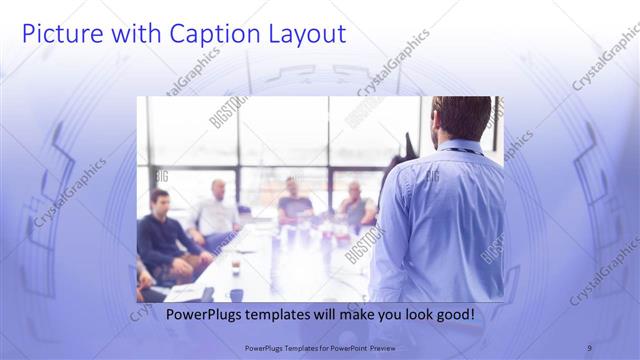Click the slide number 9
(x=589, y=348)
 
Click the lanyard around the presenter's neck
(x=460, y=151)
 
